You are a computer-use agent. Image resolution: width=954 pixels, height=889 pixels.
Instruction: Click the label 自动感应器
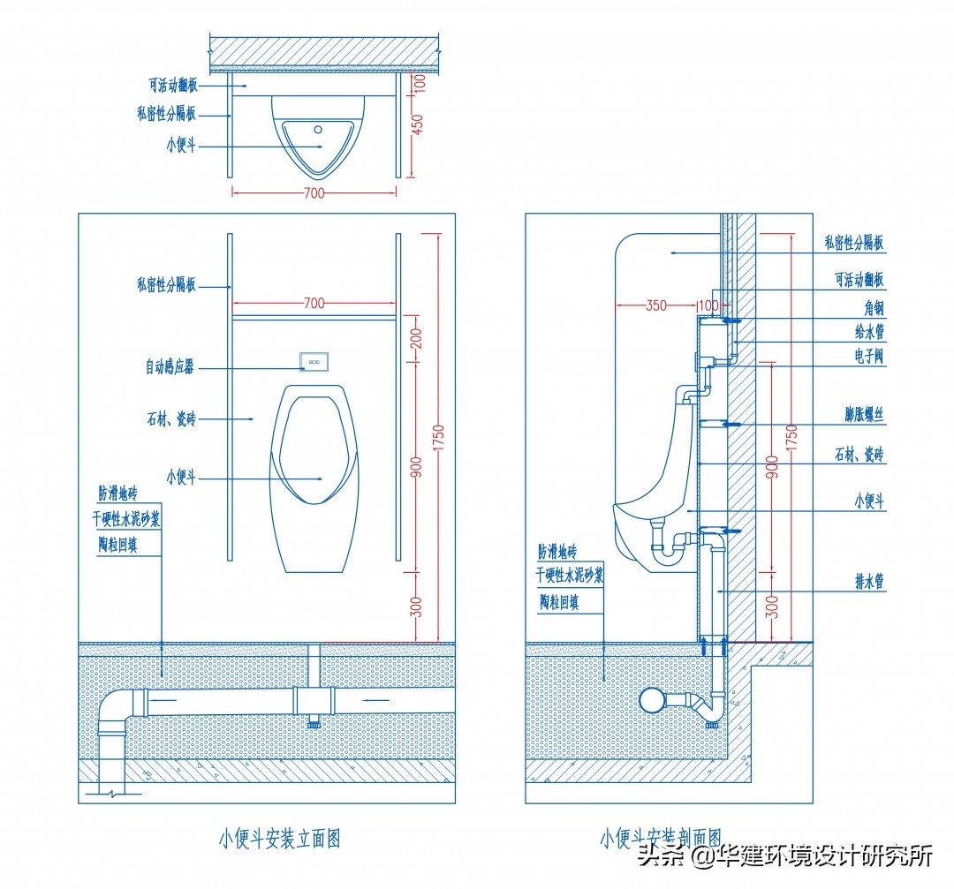[170, 366]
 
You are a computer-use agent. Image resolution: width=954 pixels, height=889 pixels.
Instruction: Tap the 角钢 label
[874, 308]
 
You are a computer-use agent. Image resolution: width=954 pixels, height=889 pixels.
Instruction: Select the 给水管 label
[869, 331]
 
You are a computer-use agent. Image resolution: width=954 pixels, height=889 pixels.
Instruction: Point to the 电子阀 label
[869, 356]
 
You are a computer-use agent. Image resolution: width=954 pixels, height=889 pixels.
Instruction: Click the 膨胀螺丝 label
[864, 414]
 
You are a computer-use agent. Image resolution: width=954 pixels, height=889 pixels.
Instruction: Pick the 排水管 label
[869, 581]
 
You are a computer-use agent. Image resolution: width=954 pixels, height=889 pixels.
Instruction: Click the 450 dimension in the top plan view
[417, 124]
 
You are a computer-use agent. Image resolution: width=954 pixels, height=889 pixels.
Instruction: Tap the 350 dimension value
[655, 305]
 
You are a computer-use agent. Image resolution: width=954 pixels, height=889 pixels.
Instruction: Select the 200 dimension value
[416, 338]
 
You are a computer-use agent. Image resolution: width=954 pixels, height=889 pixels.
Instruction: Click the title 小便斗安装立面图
[279, 839]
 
